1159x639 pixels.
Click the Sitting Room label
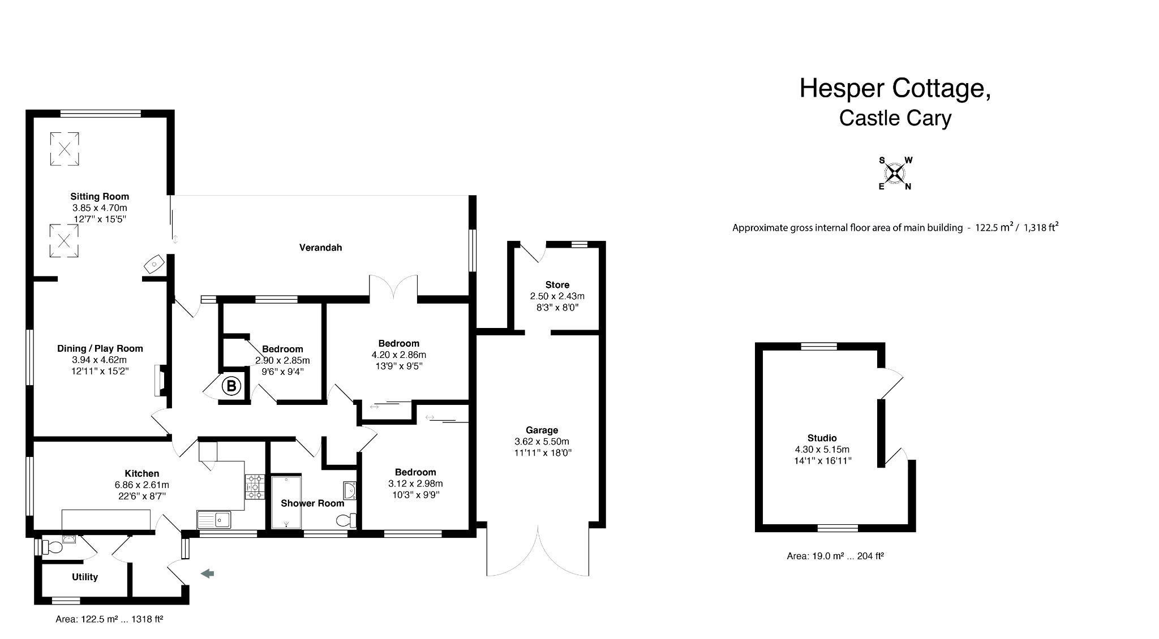point(100,196)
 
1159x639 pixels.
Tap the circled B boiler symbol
point(231,387)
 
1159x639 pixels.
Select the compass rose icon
point(895,174)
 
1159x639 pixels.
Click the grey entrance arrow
point(208,574)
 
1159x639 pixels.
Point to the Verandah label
point(320,247)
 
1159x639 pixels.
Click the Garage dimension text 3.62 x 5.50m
point(542,442)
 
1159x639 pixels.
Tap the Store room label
point(557,284)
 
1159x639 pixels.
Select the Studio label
point(822,438)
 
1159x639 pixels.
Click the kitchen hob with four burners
point(255,486)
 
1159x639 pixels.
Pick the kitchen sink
point(214,519)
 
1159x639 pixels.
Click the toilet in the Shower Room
point(345,520)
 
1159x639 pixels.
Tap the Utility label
point(85,577)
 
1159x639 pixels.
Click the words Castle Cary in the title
point(895,118)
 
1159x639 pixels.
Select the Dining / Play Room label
point(100,348)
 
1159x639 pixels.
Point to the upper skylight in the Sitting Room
point(65,149)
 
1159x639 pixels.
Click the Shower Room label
point(312,503)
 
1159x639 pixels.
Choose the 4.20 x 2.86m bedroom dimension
point(398,355)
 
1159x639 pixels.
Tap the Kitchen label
point(141,473)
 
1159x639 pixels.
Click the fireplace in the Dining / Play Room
point(160,382)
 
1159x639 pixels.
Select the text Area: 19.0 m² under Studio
point(814,556)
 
